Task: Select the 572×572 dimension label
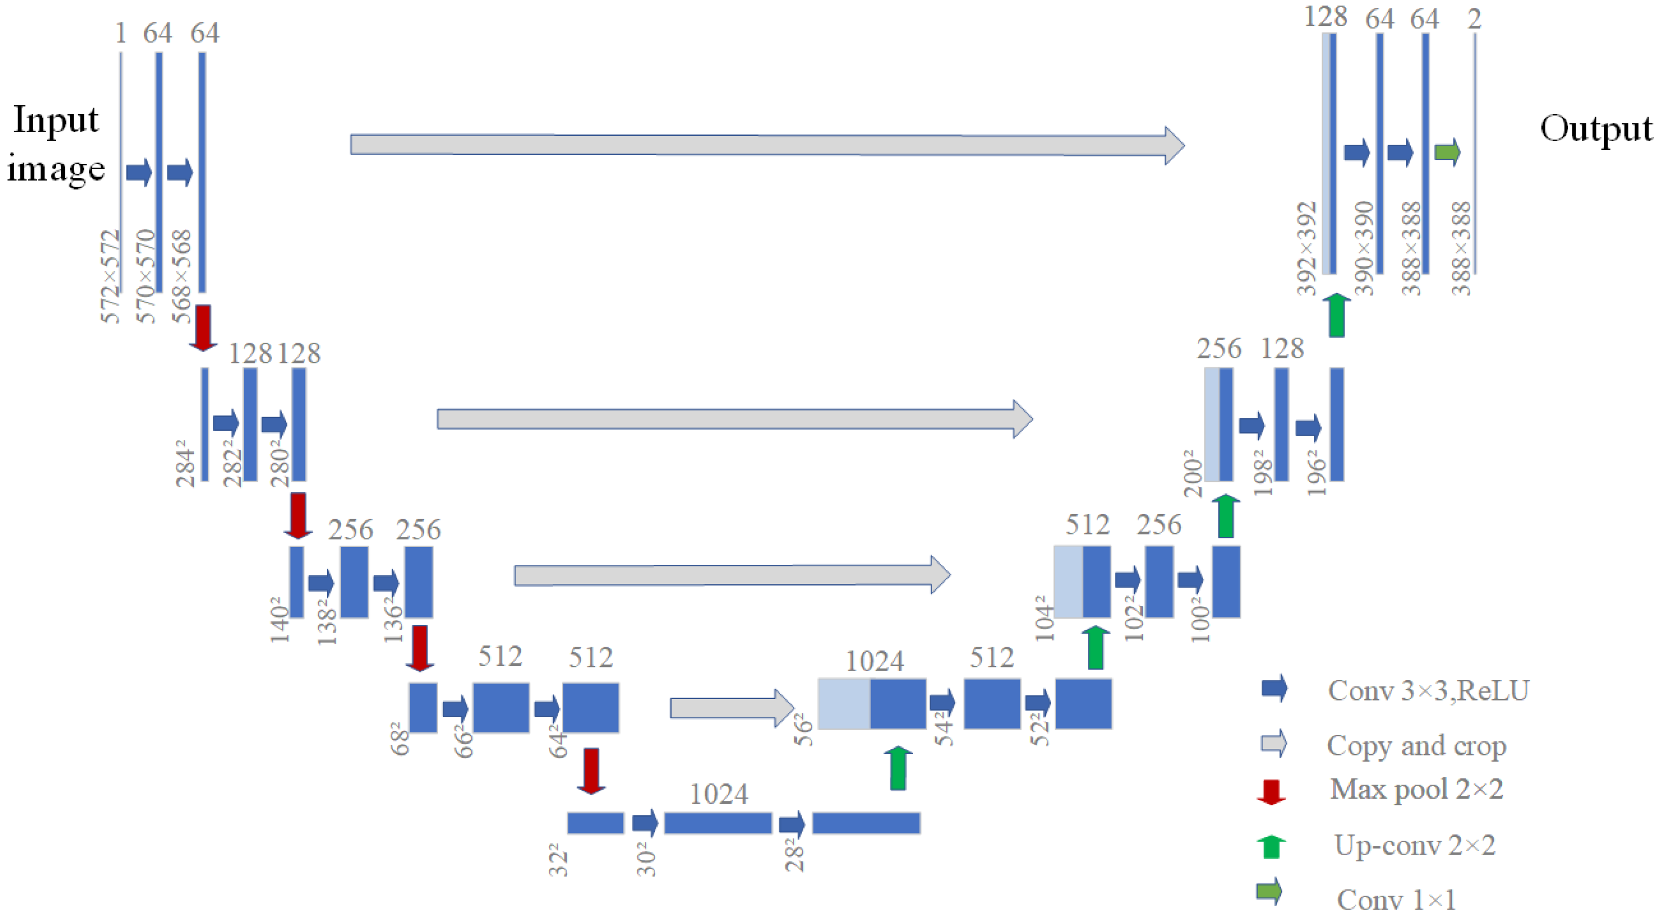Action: pos(111,275)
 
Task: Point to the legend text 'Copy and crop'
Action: pos(1416,746)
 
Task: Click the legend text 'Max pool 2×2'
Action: pos(1416,789)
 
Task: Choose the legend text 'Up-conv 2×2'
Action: pos(1414,845)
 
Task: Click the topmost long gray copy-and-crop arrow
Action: pos(766,145)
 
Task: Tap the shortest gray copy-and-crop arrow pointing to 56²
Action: pos(731,708)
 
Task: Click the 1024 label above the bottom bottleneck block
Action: pos(718,794)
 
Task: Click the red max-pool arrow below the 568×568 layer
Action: pos(203,328)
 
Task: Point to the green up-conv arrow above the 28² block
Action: pos(898,768)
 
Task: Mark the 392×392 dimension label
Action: pos(1307,248)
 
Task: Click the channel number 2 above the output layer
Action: pos(1474,19)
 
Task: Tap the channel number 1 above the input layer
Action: pos(120,33)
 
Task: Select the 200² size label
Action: pos(1193,474)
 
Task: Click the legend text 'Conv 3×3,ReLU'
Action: pos(1428,690)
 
